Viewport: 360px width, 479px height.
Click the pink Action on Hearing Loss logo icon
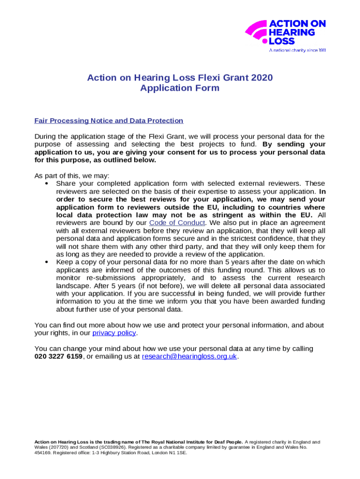pyautogui.click(x=256, y=32)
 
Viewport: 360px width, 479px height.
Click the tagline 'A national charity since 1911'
pyautogui.click(x=296, y=50)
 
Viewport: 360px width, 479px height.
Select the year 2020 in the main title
pyautogui.click(x=261, y=78)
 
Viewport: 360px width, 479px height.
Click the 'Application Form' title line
pyautogui.click(x=180, y=88)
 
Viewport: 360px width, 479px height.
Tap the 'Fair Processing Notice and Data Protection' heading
pyautogui.click(x=109, y=121)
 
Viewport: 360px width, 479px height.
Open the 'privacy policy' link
pyautogui.click(x=115, y=333)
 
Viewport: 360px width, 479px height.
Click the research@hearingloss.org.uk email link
pyautogui.click(x=189, y=356)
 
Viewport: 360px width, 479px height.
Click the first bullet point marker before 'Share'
pyautogui.click(x=47, y=183)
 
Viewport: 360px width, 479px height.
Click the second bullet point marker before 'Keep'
pyautogui.click(x=47, y=262)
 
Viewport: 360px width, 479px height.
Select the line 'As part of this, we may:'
pyautogui.click(x=72, y=176)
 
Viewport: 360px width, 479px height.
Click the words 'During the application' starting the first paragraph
pyautogui.click(x=71, y=137)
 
